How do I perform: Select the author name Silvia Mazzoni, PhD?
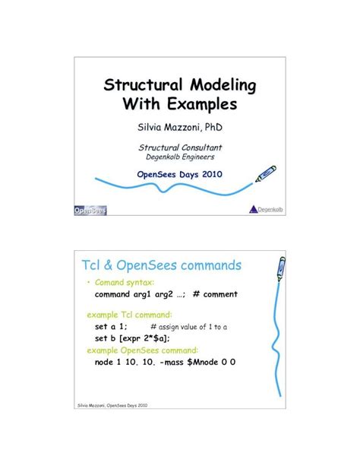click(179, 125)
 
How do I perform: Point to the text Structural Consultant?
click(179, 147)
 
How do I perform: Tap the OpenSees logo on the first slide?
click(90, 210)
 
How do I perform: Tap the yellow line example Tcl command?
click(129, 313)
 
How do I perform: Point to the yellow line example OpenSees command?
click(142, 350)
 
